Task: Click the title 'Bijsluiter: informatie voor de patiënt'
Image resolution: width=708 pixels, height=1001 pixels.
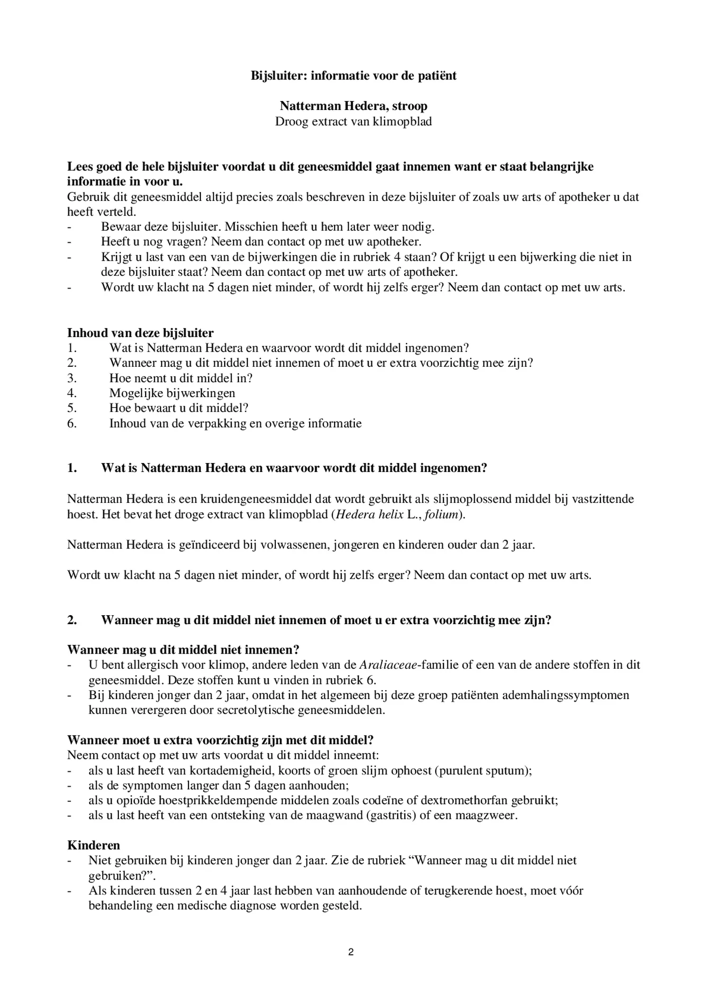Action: point(354,76)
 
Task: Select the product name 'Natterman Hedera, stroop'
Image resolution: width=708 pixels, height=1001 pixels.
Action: point(354,106)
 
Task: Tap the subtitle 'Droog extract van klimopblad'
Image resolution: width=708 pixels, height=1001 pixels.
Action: point(354,121)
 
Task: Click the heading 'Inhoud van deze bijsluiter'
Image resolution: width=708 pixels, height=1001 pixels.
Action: point(140,333)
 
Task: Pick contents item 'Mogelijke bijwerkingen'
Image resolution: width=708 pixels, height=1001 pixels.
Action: point(172,393)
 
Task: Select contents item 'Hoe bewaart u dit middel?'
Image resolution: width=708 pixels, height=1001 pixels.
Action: point(179,408)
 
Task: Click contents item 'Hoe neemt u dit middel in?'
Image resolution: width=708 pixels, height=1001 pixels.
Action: point(181,378)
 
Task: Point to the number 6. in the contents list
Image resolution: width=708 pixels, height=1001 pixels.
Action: point(72,423)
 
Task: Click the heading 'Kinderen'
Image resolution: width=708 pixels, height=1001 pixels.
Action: point(93,846)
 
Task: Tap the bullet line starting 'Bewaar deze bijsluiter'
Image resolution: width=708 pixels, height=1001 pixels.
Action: point(267,227)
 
